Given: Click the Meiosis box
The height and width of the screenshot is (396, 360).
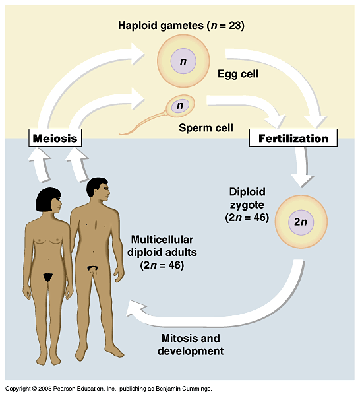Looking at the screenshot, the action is click(55, 138).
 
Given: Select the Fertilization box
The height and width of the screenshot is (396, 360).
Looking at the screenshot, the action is click(293, 138).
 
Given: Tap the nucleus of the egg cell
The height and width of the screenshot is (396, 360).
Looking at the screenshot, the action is click(183, 61).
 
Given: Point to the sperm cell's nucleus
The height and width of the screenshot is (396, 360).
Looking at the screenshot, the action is click(180, 106).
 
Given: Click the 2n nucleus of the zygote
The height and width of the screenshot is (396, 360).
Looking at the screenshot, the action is click(301, 222).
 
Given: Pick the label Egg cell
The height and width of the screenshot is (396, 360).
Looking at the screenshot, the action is click(238, 74).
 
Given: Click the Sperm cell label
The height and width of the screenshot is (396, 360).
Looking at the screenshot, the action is click(206, 128).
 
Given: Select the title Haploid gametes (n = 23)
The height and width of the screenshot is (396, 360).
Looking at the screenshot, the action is click(181, 26).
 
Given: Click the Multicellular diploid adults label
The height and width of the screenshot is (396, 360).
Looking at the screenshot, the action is click(162, 252).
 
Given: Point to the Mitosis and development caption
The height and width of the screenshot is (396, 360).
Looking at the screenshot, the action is click(191, 345).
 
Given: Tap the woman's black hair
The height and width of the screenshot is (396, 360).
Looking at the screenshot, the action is click(47, 199).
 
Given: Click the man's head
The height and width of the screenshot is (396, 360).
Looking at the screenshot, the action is click(98, 189).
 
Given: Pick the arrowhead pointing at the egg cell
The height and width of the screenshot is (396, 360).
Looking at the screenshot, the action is click(138, 54).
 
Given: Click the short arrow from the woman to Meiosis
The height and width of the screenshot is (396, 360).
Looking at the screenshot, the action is click(40, 164).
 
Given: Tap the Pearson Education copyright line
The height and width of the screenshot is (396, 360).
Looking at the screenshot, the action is click(109, 389).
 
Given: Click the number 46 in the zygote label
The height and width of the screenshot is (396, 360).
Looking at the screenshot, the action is click(261, 217).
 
